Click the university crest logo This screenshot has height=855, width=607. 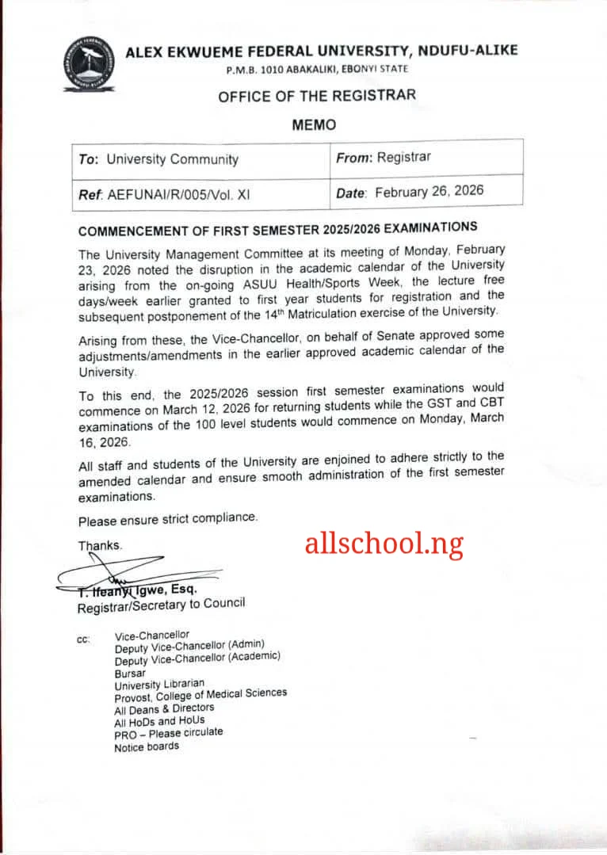point(89,66)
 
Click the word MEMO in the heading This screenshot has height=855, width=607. point(314,124)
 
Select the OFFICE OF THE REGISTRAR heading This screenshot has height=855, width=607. point(316,97)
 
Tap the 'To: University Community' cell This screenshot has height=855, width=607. point(158,159)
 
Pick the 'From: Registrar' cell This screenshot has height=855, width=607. point(384,157)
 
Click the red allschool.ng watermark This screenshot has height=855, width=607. point(384,544)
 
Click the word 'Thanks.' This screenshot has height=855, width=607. point(100,546)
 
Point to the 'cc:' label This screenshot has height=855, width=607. point(83,639)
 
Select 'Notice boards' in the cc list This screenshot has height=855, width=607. point(147,746)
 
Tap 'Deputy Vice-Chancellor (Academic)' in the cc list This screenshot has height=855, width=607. point(197,658)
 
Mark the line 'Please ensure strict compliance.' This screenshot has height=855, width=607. point(168,519)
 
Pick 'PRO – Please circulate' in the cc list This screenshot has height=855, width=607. point(168,734)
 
